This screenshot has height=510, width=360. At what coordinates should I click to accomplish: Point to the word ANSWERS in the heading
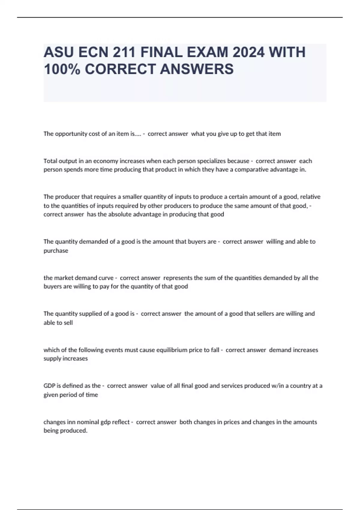(197, 69)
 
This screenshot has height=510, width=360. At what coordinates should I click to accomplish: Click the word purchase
(56, 250)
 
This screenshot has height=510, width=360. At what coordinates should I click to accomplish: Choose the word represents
(178, 278)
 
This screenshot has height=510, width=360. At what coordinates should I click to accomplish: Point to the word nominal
(88, 422)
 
